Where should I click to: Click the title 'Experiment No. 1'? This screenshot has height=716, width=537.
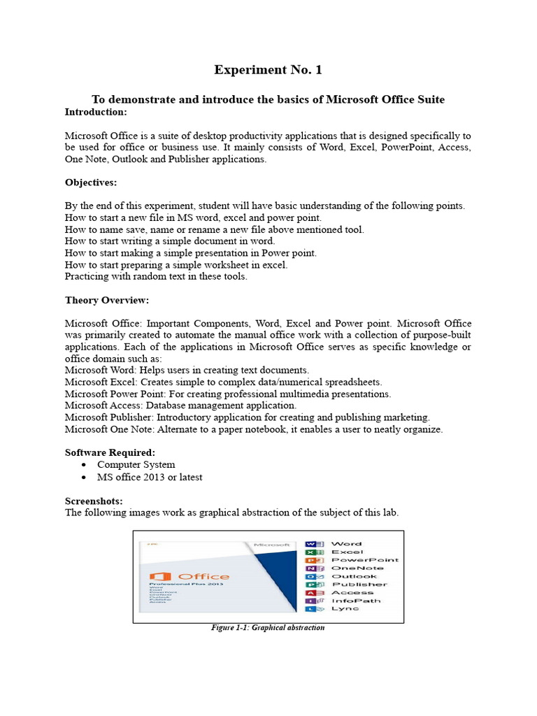pos(268,70)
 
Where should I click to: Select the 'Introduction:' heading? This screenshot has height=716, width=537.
pos(96,112)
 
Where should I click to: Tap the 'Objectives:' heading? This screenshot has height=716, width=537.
pos(91,182)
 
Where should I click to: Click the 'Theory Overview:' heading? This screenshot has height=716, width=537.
pos(107,301)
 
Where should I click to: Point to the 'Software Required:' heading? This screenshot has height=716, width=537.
pos(110,452)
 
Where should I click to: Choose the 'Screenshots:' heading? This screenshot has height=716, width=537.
pos(94,501)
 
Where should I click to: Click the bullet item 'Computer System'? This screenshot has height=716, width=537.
pos(136,465)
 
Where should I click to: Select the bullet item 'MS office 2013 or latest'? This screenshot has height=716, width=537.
pos(150,478)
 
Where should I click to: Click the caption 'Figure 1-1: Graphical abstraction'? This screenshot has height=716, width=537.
pos(268,628)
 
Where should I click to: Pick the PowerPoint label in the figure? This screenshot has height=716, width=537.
pos(364,560)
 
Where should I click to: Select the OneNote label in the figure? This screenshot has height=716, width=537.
pos(357,568)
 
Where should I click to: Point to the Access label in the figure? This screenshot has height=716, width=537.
pos(352,592)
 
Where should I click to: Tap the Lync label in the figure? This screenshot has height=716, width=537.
pos(345,608)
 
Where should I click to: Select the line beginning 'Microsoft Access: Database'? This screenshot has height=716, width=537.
pos(180,406)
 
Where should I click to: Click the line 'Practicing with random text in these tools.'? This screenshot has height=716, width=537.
pos(156,277)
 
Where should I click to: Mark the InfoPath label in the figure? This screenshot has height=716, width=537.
pos(356,601)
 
